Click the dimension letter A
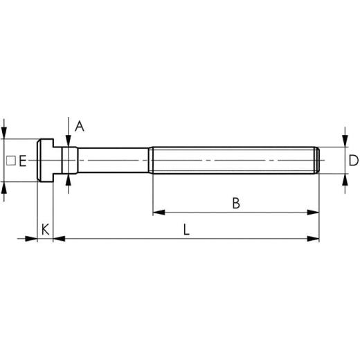click(x=79, y=126)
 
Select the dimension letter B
click(x=235, y=203)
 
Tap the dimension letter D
click(x=353, y=161)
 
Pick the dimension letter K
click(x=45, y=228)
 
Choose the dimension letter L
click(x=186, y=229)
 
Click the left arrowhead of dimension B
click(x=156, y=213)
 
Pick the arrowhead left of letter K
click(x=32, y=239)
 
